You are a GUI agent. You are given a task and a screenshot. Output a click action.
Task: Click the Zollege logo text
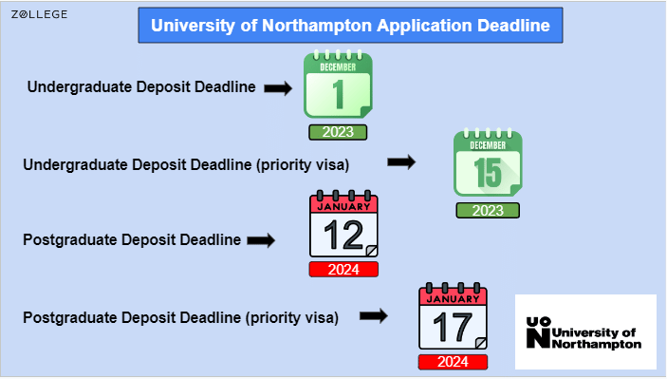45,14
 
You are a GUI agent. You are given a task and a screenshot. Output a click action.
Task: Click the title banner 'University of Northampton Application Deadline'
350,26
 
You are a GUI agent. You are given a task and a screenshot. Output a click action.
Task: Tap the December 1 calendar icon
338,85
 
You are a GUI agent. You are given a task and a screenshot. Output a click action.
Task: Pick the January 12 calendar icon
343,226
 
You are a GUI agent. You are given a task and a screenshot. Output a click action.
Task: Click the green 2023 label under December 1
337,132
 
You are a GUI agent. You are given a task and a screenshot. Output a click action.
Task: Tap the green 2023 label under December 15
488,211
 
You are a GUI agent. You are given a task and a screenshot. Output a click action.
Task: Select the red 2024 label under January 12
343,270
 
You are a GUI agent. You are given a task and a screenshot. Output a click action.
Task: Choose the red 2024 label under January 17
453,362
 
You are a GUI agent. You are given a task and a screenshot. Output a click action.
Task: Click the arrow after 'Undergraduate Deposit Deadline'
276,88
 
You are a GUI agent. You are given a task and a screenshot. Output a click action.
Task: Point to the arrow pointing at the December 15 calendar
401,162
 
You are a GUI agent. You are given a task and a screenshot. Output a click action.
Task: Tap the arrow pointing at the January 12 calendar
260,240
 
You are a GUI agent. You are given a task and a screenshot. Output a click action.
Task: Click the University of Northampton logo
584,332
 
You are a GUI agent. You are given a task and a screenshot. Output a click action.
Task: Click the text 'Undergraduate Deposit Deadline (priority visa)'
186,164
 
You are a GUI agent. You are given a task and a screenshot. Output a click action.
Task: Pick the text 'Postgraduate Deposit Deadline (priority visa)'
180,317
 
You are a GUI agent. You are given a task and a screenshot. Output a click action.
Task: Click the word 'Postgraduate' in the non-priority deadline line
66,240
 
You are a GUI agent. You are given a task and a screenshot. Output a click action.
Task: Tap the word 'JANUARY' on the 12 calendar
343,205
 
